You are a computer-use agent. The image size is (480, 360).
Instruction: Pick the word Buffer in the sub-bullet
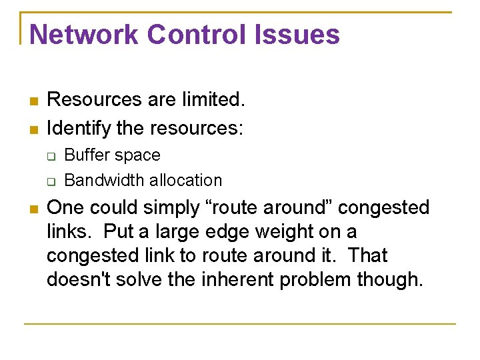tap(86, 155)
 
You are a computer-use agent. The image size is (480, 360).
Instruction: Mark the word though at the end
tap(392, 280)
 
